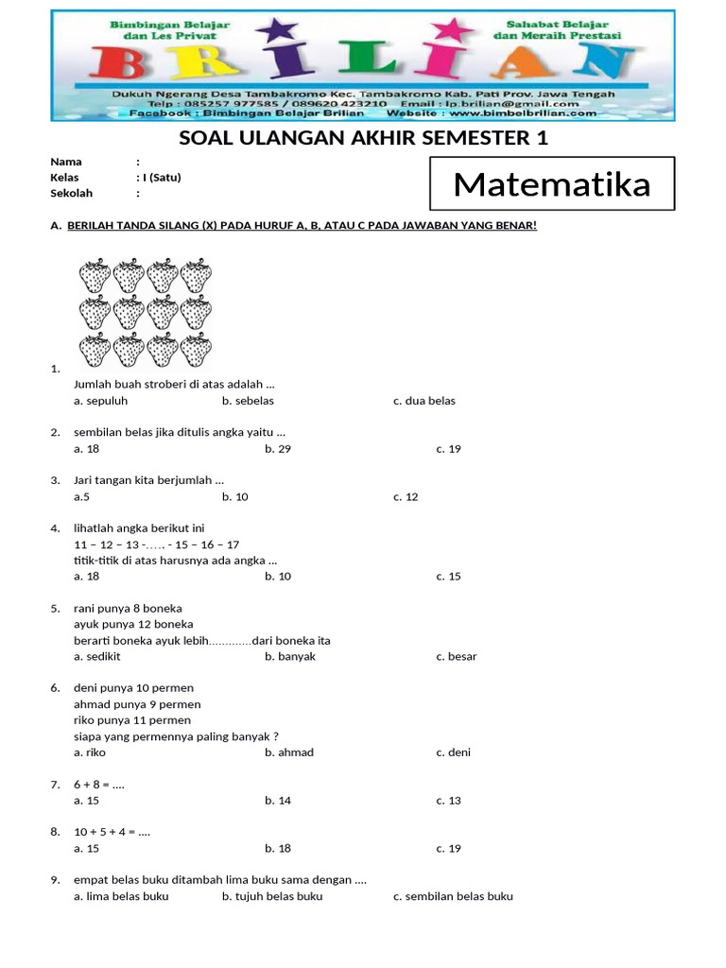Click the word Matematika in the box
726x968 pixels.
pyautogui.click(x=552, y=184)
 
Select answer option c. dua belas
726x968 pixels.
pyautogui.click(x=423, y=401)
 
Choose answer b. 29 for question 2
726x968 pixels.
pyautogui.click(x=278, y=449)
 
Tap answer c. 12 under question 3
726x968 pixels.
pyautogui.click(x=406, y=497)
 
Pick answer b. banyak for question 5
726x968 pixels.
pyautogui.click(x=290, y=656)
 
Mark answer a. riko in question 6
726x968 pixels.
pyautogui.click(x=90, y=752)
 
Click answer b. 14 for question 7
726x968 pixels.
pyautogui.click(x=278, y=801)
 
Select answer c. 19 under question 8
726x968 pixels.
pyautogui.click(x=448, y=849)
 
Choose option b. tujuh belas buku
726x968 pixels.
pyautogui.click(x=272, y=896)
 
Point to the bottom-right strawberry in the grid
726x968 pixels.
pyautogui.click(x=196, y=349)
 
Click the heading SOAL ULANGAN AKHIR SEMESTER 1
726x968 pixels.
pyautogui.click(x=363, y=139)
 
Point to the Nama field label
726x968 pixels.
pyautogui.click(x=66, y=162)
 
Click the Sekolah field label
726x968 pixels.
pyautogui.click(x=72, y=194)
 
